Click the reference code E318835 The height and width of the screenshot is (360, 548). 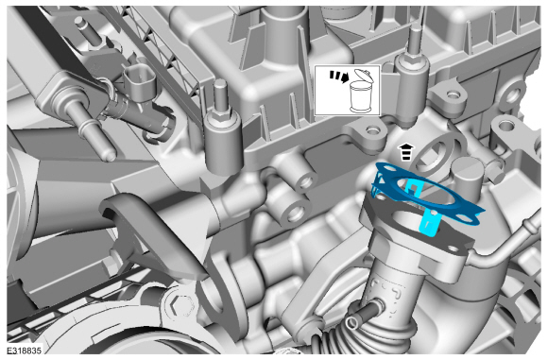tap(25, 351)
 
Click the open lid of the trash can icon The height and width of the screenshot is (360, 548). tap(364, 76)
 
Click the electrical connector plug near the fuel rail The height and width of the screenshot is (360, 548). tap(139, 82)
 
